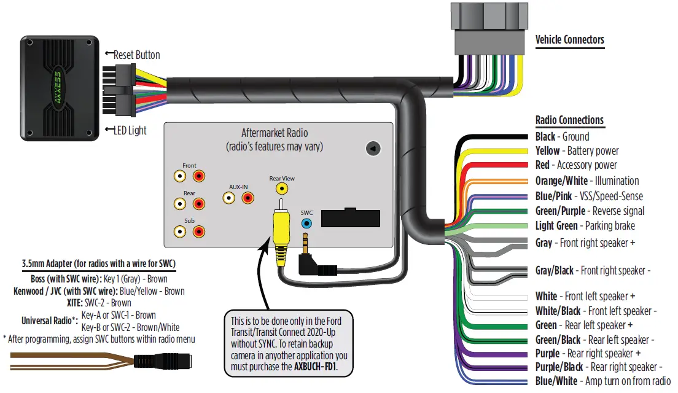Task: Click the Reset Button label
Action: pos(136,55)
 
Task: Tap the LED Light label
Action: pos(129,130)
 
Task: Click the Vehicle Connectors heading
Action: pos(569,40)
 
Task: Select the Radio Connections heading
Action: pos(569,120)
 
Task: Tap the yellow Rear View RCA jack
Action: pos(281,189)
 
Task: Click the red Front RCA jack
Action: pos(199,176)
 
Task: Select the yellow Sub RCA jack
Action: pos(179,232)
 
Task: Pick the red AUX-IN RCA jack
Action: pos(247,198)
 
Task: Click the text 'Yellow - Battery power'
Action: pos(577,151)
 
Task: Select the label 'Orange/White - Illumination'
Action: pos(586,181)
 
